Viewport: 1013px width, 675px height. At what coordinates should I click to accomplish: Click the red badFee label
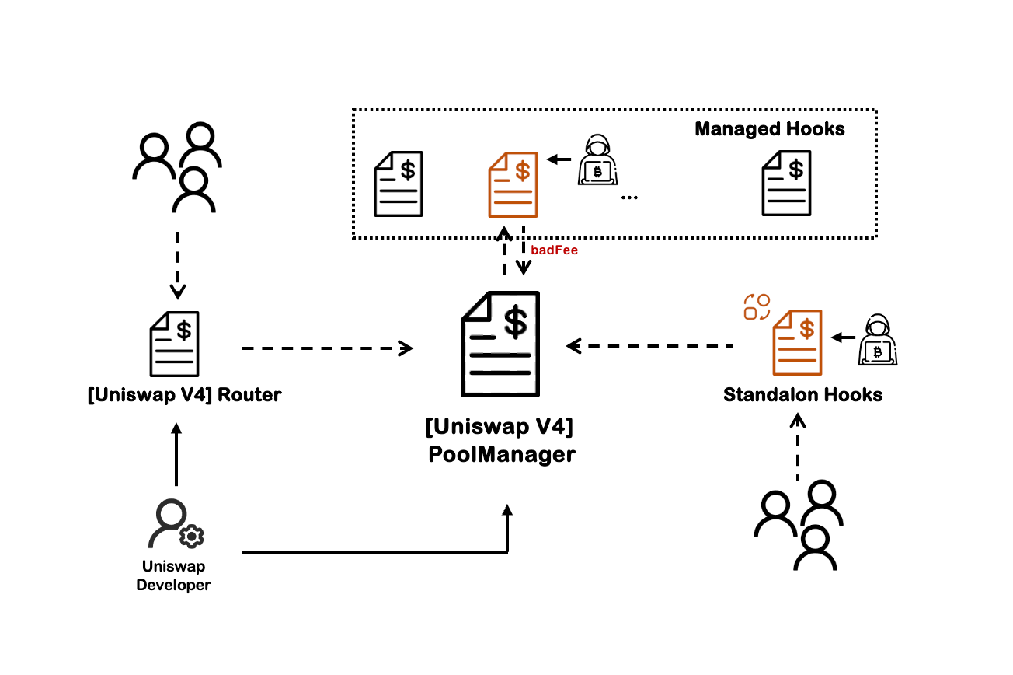pyautogui.click(x=554, y=251)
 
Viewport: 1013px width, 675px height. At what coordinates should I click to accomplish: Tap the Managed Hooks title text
pyautogui.click(x=769, y=129)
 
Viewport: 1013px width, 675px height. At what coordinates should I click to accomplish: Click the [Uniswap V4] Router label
pyautogui.click(x=184, y=395)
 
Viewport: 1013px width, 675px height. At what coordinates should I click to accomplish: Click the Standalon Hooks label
pyautogui.click(x=802, y=395)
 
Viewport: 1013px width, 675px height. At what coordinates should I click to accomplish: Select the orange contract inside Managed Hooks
pyautogui.click(x=512, y=184)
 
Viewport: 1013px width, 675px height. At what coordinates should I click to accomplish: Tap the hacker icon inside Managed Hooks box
pyautogui.click(x=597, y=162)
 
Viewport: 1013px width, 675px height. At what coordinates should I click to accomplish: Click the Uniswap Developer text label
pyautogui.click(x=173, y=575)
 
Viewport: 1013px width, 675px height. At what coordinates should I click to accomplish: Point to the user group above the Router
pyautogui.click(x=178, y=167)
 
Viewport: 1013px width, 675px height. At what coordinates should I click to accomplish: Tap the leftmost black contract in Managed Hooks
pyautogui.click(x=399, y=184)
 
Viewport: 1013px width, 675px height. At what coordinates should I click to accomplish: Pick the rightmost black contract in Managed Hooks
pyautogui.click(x=787, y=184)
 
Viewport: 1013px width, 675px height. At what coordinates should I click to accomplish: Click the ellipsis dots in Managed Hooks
pyautogui.click(x=629, y=198)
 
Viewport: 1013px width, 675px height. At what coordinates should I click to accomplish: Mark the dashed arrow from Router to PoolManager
pyautogui.click(x=327, y=348)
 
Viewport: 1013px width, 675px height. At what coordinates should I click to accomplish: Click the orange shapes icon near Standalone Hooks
pyautogui.click(x=757, y=306)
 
